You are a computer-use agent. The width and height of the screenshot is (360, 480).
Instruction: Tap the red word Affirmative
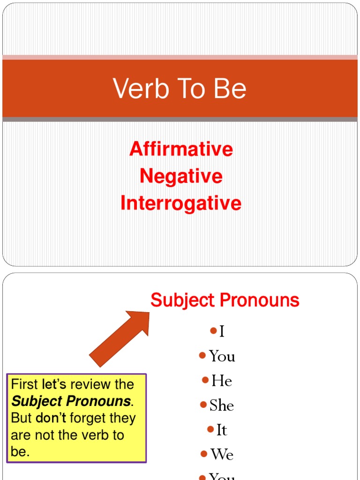click(x=181, y=150)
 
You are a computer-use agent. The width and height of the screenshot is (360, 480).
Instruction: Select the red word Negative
click(x=181, y=177)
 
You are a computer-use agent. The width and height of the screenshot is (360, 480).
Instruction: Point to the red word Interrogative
click(x=181, y=203)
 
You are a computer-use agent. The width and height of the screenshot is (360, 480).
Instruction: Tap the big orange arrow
click(x=120, y=338)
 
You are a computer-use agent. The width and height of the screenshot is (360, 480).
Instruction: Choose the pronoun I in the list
click(x=222, y=332)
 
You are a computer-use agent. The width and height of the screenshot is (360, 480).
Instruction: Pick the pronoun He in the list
click(x=222, y=381)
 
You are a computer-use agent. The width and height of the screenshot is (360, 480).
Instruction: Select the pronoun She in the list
click(x=222, y=405)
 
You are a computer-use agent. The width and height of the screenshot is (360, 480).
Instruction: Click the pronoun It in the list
click(x=222, y=430)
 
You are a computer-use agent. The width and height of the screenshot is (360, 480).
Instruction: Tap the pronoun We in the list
click(x=222, y=454)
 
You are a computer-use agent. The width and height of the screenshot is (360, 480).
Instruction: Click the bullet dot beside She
click(x=203, y=404)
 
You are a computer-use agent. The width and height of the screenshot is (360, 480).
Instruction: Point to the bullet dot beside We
click(x=204, y=453)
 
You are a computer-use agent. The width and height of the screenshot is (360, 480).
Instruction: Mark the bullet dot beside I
click(x=214, y=331)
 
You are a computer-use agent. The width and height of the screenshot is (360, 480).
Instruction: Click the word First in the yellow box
click(x=24, y=385)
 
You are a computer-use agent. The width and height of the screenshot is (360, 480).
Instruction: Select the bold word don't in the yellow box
click(x=52, y=418)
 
